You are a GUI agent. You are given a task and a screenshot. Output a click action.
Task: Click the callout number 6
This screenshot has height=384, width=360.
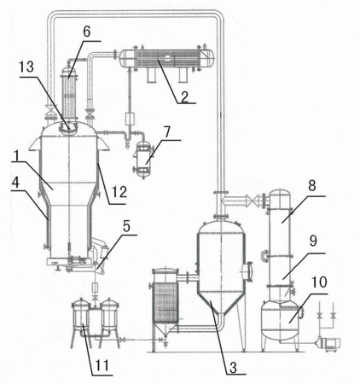click(x=87, y=32)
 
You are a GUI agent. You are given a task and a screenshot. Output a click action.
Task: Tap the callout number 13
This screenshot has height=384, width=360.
click(x=26, y=67)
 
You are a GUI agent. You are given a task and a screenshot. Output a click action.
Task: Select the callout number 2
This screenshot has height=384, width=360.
click(x=185, y=96)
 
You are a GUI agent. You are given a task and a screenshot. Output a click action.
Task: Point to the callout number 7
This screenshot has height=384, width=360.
click(x=167, y=132)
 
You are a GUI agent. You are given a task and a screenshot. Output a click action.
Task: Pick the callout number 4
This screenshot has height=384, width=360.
click(x=15, y=183)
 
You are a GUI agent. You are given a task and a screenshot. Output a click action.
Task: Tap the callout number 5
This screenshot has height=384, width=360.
click(x=126, y=226)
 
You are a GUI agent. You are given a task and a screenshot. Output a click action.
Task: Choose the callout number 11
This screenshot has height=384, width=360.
click(x=102, y=365)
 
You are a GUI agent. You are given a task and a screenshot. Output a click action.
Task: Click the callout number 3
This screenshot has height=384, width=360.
click(x=233, y=367)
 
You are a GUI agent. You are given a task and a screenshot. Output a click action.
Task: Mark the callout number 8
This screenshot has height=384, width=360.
click(x=312, y=186)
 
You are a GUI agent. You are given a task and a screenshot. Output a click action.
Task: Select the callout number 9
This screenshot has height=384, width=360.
click(x=313, y=241)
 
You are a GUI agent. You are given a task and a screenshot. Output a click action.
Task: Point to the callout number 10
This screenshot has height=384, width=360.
click(x=319, y=282)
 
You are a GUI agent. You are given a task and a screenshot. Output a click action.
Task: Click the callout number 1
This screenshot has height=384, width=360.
click(x=16, y=156)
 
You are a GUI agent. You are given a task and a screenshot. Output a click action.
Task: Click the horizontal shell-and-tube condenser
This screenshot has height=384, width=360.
click(x=166, y=59)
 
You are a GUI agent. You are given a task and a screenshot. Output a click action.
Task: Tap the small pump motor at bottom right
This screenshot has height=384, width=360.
click(x=329, y=344)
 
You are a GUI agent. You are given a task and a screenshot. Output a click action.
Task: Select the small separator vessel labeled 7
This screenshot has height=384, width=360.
click(x=143, y=157)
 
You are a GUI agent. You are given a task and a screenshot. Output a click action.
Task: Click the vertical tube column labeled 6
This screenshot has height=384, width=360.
click(x=69, y=95)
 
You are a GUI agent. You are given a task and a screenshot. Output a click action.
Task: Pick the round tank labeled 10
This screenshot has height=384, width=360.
click(x=281, y=321)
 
